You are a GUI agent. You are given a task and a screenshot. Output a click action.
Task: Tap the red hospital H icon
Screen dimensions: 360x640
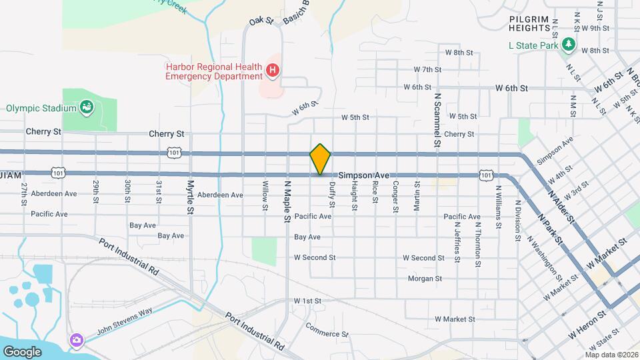[x=272, y=70]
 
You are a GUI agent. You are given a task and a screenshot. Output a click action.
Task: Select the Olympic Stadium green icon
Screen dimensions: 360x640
[x=86, y=107]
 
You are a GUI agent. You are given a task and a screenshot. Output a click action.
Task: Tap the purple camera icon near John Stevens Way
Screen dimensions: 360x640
[x=77, y=340]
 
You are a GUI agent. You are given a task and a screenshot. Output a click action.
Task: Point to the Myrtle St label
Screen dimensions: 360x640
[x=191, y=196]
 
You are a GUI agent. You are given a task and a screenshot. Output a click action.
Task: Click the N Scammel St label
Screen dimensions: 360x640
[x=438, y=119]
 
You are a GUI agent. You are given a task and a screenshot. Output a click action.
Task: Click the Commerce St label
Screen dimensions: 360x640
[x=327, y=329]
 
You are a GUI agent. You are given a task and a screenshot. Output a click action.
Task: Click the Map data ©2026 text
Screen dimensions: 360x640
[x=611, y=355]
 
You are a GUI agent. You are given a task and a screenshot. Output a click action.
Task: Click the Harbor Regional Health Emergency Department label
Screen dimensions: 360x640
[x=215, y=71]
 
